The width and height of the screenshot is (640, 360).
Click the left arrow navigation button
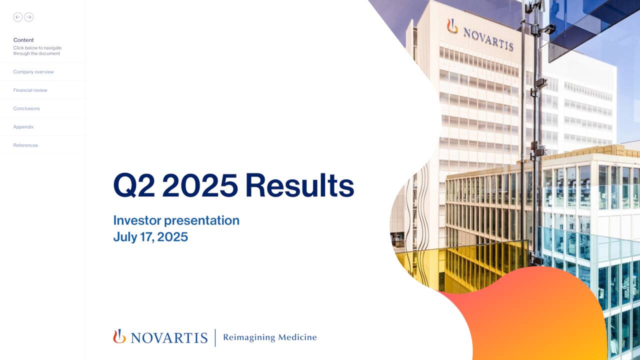point(18,17)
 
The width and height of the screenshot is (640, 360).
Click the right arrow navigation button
point(29,17)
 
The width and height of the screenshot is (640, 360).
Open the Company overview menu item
point(33,72)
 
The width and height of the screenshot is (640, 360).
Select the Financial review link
point(30,90)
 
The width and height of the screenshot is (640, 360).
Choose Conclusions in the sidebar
point(26,108)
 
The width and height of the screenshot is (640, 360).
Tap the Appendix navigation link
point(23,127)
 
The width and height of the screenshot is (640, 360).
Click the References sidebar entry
point(25,145)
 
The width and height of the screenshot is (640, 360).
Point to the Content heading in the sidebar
point(23,40)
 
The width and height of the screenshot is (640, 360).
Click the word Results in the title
point(299,185)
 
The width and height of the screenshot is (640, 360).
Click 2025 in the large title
point(200,185)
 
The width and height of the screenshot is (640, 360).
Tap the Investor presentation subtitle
point(176,220)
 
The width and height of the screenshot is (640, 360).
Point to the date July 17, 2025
point(150,237)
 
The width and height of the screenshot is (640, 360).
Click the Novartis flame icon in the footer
point(119,336)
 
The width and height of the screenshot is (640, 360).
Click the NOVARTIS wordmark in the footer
point(169,338)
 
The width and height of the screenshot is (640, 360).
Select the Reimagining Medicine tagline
point(269,337)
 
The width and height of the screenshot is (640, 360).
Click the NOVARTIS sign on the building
point(488,39)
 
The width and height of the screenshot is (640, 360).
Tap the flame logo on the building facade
point(452,26)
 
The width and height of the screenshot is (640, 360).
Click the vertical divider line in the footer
point(215,337)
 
